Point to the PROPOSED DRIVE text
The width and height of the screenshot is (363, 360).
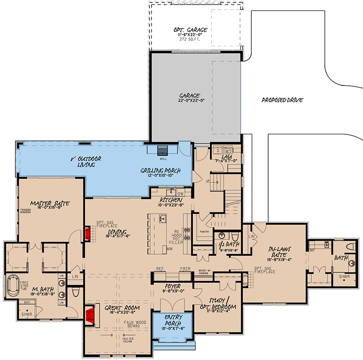click(x=282, y=100)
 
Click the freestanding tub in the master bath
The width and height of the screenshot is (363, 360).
click(x=12, y=286)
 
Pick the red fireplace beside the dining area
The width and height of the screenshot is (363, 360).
click(x=87, y=234)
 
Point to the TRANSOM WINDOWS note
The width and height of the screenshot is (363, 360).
click(x=26, y=211)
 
